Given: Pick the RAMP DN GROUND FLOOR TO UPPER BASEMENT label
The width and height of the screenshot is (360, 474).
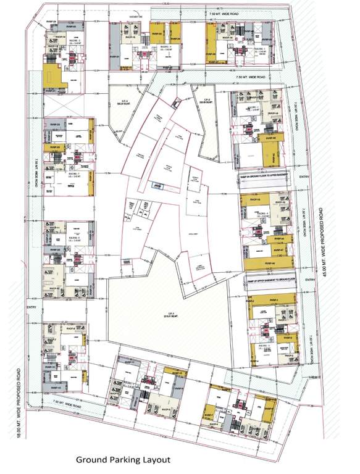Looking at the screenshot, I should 268,176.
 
